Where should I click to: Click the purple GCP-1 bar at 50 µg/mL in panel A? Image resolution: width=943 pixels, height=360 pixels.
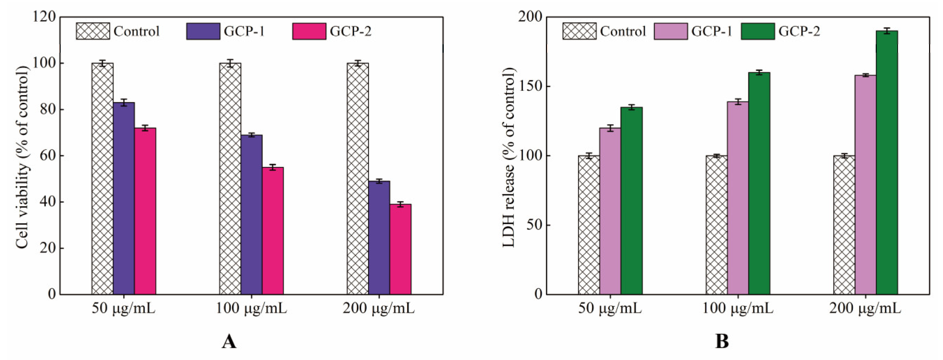124,198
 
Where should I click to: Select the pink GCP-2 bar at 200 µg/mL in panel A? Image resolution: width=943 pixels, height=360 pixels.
400,249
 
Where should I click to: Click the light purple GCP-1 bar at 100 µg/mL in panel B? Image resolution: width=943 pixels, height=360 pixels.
738,198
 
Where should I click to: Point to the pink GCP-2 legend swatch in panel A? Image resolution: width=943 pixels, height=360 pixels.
309,31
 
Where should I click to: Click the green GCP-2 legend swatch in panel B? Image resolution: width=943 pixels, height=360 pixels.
758,31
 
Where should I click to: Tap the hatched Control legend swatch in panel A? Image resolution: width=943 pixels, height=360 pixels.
93,31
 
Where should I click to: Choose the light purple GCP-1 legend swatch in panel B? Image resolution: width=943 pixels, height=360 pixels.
671,31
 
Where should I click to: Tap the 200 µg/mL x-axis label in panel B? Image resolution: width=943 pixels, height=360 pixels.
865,309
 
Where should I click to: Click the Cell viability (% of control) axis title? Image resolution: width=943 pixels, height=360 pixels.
23,157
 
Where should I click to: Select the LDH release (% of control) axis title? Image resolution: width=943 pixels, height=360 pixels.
509,157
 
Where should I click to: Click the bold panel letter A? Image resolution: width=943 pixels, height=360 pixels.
229,342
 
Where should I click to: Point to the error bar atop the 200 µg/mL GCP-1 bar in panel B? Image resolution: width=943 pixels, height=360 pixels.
865,75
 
